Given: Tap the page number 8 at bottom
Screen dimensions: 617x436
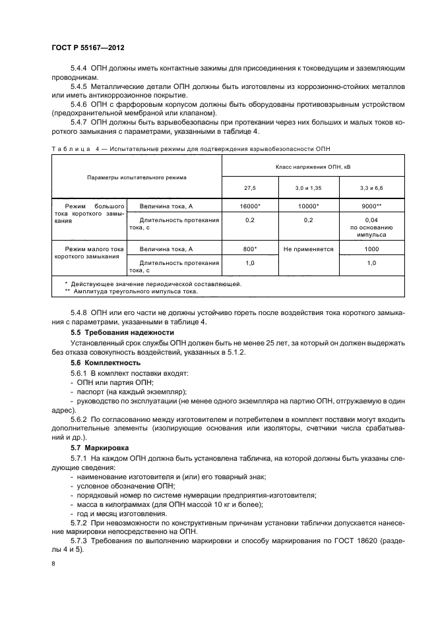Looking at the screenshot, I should point(53,564).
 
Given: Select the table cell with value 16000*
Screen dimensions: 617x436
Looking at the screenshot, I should point(251,206).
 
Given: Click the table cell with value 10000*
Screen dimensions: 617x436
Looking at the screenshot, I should point(308,206).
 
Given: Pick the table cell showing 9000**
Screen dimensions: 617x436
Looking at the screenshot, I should point(371,206).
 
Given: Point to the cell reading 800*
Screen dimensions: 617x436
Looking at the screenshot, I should point(251,249).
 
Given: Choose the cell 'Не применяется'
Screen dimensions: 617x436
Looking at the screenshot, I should point(308,249).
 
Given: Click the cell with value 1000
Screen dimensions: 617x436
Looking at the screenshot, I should point(371,249).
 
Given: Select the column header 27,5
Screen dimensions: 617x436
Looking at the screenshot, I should point(251,187).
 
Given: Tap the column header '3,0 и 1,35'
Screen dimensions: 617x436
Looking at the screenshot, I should point(308,187).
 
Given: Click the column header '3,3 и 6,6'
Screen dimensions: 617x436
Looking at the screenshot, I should point(371,187).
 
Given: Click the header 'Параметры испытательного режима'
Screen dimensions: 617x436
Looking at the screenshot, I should point(137,178).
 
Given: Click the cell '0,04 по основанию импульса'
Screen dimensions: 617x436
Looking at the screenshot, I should point(371,227).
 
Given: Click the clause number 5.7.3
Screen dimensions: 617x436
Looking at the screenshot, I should point(80,541).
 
